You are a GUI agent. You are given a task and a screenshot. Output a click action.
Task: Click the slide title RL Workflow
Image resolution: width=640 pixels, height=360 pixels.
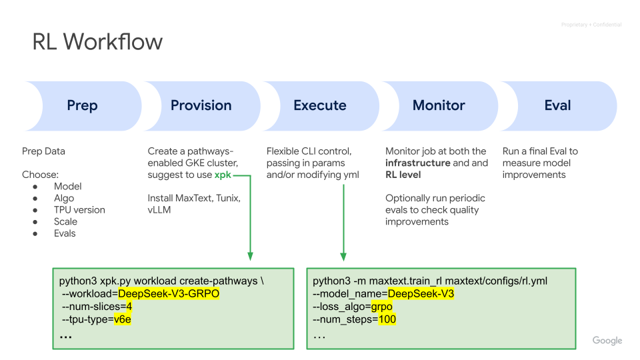[97, 41]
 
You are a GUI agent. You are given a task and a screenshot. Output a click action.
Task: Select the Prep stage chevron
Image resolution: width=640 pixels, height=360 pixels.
[83, 106]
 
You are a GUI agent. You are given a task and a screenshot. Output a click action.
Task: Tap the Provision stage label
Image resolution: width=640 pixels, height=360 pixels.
[201, 105]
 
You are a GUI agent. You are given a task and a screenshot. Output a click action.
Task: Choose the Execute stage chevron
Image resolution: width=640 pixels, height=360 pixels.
[320, 106]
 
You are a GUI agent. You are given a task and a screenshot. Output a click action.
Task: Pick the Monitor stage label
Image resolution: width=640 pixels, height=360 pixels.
[439, 105]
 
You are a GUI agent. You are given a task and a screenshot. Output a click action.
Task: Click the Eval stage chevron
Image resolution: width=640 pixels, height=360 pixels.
[557, 106]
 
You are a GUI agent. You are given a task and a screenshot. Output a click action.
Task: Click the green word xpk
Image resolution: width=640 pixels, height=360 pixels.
[223, 175]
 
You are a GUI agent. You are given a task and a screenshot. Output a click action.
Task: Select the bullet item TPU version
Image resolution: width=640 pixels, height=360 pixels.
[79, 210]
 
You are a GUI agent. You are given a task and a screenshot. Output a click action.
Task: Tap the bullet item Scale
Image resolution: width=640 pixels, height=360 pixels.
[66, 221]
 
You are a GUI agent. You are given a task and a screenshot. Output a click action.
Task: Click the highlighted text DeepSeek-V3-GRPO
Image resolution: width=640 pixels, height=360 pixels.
[169, 293]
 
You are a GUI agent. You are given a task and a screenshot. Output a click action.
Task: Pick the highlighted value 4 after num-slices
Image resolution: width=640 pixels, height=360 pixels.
[129, 307]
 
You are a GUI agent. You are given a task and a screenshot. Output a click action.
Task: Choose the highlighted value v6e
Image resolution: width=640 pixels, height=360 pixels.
[123, 319]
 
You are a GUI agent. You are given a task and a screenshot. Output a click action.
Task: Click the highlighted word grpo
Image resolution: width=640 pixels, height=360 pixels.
[381, 307]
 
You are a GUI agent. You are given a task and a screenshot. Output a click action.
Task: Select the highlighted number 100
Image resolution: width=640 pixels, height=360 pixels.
[387, 319]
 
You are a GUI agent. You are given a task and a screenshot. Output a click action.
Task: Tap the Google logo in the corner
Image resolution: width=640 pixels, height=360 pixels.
[607, 341]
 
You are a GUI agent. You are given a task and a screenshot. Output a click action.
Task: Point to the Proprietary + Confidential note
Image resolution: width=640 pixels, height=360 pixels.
[591, 25]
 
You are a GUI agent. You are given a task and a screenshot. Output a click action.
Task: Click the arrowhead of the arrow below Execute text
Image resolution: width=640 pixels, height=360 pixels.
[343, 257]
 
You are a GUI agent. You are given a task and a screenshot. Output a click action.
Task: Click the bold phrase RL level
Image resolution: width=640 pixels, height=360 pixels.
[403, 175]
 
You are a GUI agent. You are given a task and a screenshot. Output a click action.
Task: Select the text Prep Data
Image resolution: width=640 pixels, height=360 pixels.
[44, 151]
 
